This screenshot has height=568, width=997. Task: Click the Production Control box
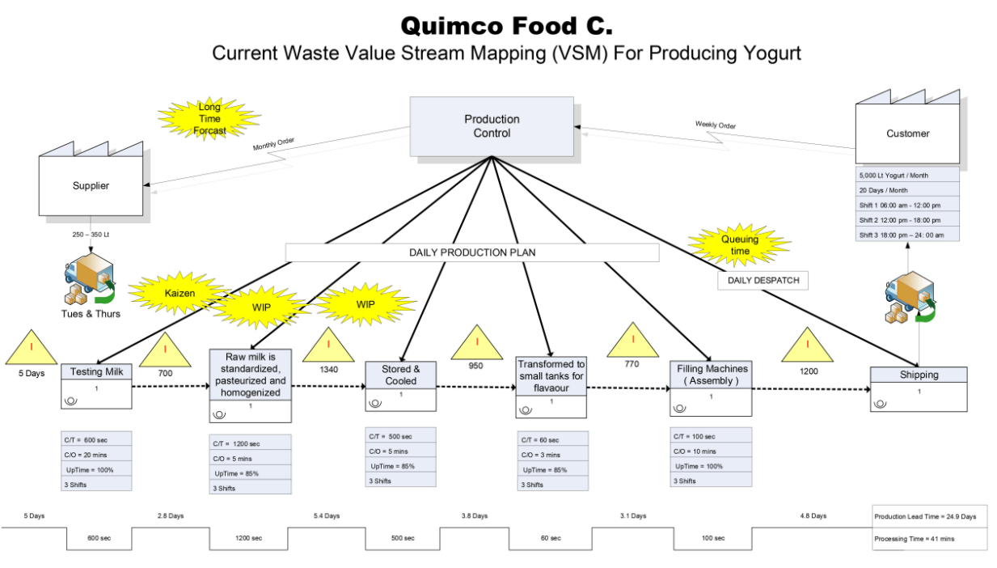[x=492, y=126]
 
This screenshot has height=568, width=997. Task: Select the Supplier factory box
[x=91, y=185]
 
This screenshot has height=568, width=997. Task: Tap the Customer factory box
[x=907, y=134]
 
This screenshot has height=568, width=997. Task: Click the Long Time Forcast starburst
[x=209, y=119]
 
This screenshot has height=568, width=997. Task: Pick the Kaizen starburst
[x=180, y=294]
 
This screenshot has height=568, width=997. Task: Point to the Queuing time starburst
[x=739, y=245]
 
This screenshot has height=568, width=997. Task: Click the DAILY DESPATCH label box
[x=763, y=280]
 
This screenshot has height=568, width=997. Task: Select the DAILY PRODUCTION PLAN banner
[x=472, y=252]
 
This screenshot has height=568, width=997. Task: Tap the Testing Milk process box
[x=95, y=386]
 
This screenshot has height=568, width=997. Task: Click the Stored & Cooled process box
[x=400, y=384]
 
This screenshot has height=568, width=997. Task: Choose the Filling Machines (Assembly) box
[x=711, y=386]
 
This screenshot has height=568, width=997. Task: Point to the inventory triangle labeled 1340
[x=328, y=346]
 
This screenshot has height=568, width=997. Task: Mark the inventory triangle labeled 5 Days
[x=32, y=349]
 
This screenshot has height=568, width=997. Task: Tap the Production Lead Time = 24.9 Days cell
[x=929, y=516]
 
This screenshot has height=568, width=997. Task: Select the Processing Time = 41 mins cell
[x=929, y=538]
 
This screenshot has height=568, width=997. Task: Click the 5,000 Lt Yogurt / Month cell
[x=907, y=176]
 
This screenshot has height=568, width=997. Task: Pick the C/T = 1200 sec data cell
[x=250, y=443]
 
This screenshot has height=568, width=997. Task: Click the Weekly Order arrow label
[x=715, y=125]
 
